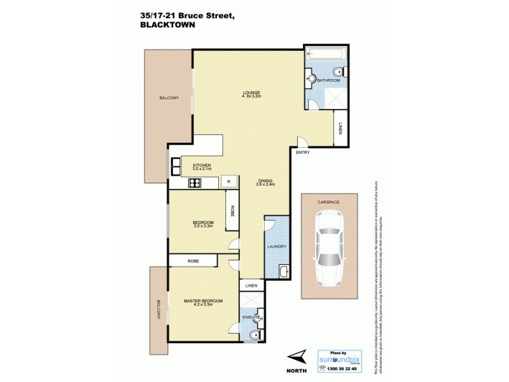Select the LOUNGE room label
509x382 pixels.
(x=251, y=93)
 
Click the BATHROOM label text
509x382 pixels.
(x=329, y=81)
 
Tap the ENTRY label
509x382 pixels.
(x=302, y=153)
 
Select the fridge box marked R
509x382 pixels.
(x=228, y=182)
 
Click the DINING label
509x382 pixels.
(x=264, y=180)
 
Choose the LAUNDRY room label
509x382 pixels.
(x=277, y=246)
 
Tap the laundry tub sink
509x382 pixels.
(x=284, y=272)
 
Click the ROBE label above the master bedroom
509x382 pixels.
(x=193, y=260)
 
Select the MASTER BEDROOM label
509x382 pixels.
(x=203, y=301)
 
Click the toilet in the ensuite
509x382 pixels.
(x=254, y=336)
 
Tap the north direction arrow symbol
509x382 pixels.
(x=297, y=356)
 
